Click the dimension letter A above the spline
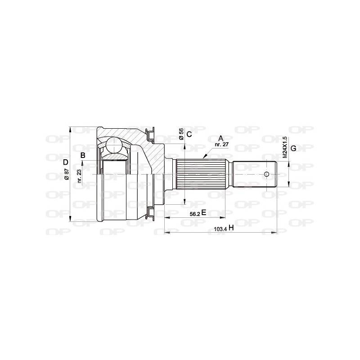pyautogui.click(x=220, y=138)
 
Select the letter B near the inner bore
pyautogui.click(x=82, y=156)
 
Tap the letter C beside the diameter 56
pyautogui.click(x=189, y=134)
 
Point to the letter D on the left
pyautogui.click(x=66, y=162)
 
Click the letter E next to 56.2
pyautogui.click(x=203, y=213)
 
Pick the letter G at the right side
pyautogui.click(x=293, y=148)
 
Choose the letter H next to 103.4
pyautogui.click(x=231, y=228)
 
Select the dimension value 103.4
pyautogui.click(x=220, y=229)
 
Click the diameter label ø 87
pyautogui.click(x=66, y=174)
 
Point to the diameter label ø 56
pyautogui.click(x=181, y=134)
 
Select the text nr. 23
pyautogui.click(x=79, y=175)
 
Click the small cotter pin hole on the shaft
pyautogui.click(x=266, y=174)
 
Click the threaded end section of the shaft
pyautogui.click(x=254, y=174)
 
